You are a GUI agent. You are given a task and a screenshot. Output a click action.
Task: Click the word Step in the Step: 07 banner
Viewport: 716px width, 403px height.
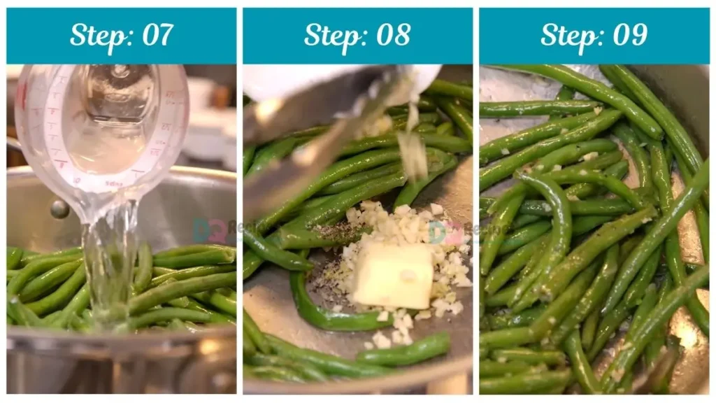[x=96, y=35]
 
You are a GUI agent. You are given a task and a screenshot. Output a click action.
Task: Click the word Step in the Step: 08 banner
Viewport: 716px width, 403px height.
[x=332, y=35]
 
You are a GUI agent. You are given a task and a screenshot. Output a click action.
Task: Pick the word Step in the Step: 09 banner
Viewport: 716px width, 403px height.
[x=568, y=35]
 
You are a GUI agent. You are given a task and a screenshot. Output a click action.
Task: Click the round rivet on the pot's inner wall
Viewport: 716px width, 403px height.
[x=60, y=208]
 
